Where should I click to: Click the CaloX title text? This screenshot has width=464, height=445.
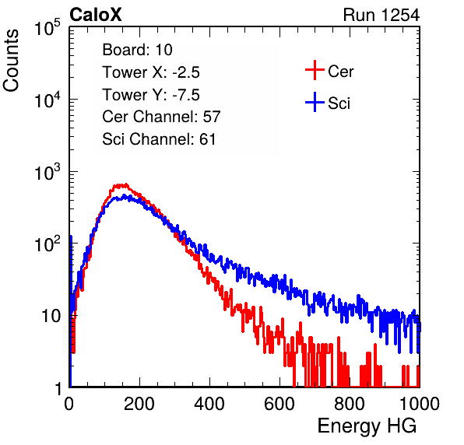point(96,15)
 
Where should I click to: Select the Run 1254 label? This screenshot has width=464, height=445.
point(381,15)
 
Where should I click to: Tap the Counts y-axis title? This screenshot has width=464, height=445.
point(11,61)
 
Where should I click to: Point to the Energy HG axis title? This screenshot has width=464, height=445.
point(367,426)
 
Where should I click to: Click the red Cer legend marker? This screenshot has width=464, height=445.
point(315,70)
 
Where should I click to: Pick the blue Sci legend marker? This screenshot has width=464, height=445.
point(315,102)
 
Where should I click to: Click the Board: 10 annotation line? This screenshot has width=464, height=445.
point(137,50)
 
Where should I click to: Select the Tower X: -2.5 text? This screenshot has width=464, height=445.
point(151,72)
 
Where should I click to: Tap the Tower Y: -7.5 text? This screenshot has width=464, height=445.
point(151,95)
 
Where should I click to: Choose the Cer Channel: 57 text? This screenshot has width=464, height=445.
point(161,117)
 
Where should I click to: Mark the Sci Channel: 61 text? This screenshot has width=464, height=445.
point(159,139)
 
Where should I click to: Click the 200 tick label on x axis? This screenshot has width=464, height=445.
point(139,404)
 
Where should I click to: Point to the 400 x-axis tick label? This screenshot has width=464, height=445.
point(209,404)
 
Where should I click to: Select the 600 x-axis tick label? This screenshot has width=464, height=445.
point(279,404)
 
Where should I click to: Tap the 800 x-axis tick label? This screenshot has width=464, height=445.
point(350,404)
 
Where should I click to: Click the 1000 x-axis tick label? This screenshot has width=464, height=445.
point(420,404)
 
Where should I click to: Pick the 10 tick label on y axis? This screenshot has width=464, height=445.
point(51,316)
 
